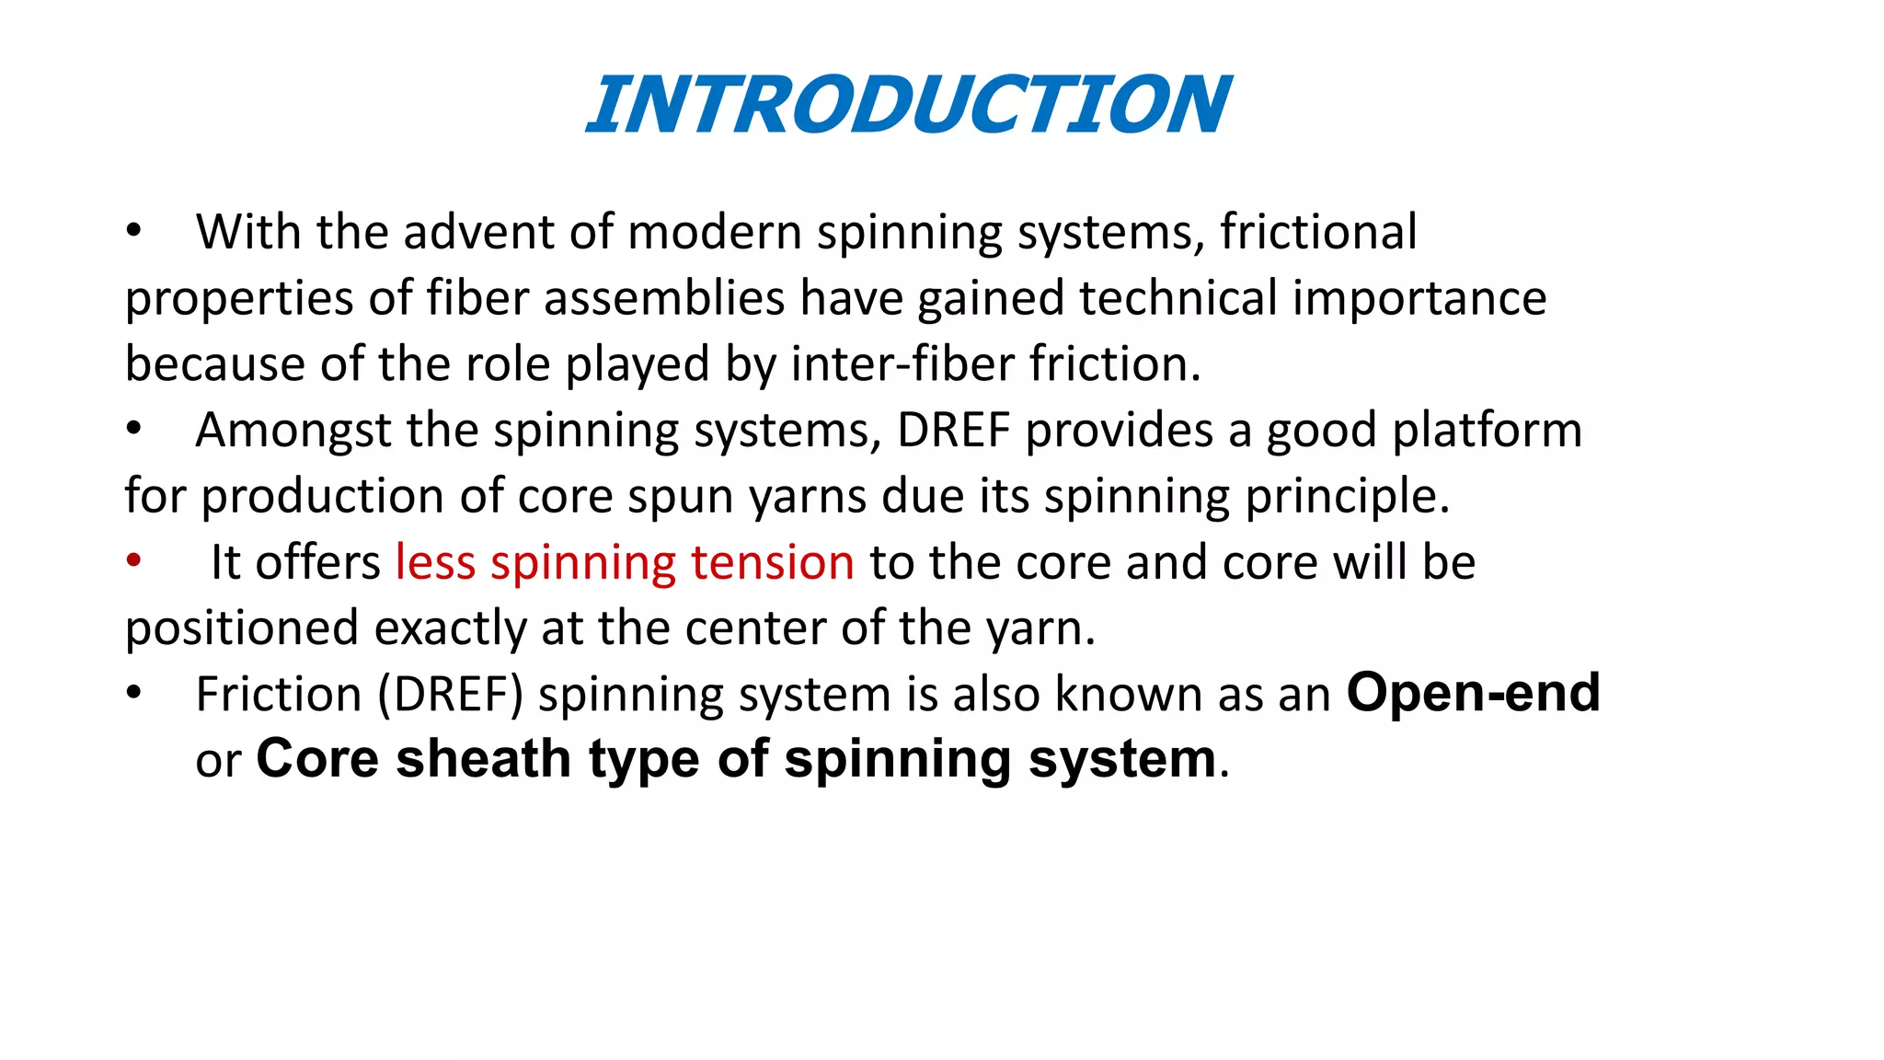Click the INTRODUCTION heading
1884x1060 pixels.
[x=908, y=105]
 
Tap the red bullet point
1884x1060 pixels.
[x=134, y=560]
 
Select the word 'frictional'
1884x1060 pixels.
[x=1318, y=232]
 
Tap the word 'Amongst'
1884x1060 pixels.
[x=293, y=430]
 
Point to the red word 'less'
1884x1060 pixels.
[x=435, y=562]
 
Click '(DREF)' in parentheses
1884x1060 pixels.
[x=451, y=694]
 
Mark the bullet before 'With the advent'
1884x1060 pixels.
[x=134, y=231]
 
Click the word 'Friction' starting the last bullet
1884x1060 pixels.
[x=279, y=694]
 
